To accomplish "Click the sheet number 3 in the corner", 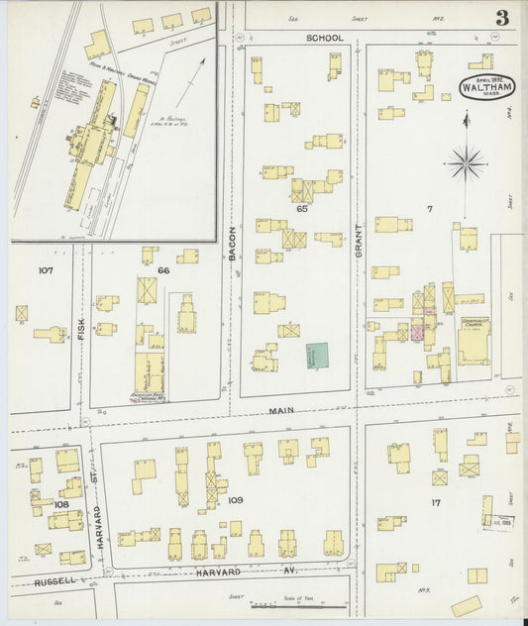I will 503,17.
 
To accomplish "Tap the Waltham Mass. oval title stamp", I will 483,86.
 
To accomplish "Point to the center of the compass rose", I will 466,160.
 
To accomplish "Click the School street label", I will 325,38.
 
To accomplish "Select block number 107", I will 45,269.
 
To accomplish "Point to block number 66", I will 163,269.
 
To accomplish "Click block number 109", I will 235,500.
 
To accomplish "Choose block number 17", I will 435,503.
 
